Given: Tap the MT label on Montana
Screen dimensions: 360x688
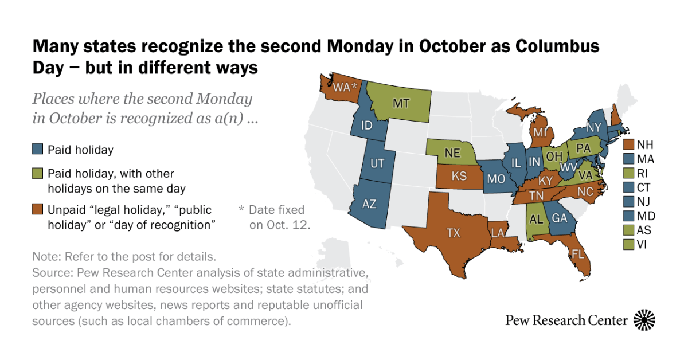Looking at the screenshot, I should (400, 103).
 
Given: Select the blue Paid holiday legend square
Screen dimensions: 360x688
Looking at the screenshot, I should (37, 150).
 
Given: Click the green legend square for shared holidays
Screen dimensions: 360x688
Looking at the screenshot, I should (37, 174).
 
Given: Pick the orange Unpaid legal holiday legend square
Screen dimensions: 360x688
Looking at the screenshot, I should (37, 210).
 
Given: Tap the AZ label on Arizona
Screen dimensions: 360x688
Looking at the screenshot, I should (370, 204).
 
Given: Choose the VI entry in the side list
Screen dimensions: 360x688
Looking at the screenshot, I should (641, 245).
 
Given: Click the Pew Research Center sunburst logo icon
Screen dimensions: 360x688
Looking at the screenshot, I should (644, 320).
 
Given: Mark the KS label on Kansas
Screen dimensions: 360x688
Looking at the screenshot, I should (459, 176).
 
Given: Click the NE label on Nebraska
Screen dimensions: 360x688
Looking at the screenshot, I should (453, 154).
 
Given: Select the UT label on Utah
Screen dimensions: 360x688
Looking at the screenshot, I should (377, 164).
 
